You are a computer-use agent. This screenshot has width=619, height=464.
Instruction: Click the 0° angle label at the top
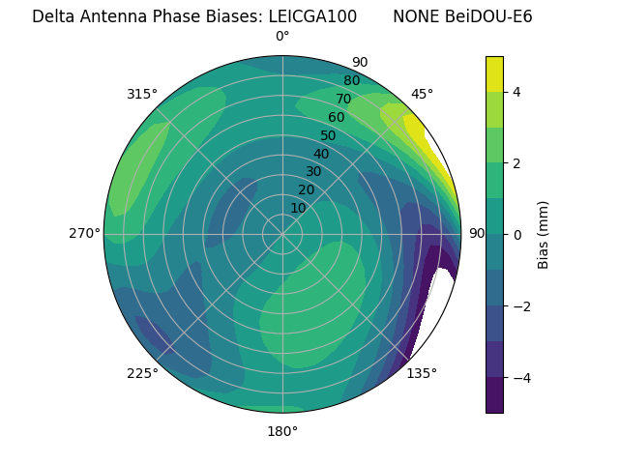282,37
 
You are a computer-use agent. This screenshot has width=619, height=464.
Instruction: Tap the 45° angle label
422,94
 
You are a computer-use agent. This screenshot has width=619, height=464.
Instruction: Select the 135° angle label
422,373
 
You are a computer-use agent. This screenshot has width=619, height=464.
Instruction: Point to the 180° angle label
282,431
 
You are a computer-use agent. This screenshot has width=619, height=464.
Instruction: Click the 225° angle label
142,373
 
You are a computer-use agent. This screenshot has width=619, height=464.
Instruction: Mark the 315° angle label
142,94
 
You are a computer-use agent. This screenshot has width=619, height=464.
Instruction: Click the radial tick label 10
298,208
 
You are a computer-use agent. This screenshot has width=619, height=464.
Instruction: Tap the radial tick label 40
321,154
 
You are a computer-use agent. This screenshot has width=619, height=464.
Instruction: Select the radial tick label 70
343,99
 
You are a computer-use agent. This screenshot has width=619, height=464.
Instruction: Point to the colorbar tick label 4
517,92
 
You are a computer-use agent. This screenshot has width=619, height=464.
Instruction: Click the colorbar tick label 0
517,234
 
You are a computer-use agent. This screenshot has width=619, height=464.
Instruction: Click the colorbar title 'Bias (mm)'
544,234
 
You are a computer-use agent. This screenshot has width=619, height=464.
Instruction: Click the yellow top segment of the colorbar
494,73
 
